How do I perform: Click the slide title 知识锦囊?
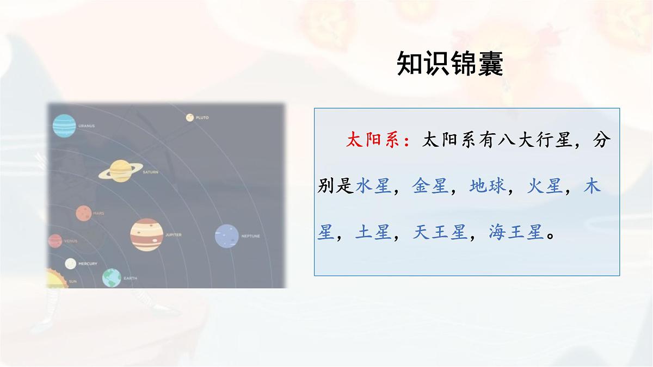click(x=450, y=65)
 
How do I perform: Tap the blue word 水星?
click(x=374, y=186)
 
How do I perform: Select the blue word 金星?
click(x=430, y=186)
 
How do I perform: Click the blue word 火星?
click(x=545, y=186)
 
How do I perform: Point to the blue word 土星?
click(x=374, y=233)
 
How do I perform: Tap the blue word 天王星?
click(x=440, y=233)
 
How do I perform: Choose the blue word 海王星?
click(x=516, y=233)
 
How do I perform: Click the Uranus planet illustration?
click(x=64, y=126)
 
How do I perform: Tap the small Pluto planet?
click(x=190, y=117)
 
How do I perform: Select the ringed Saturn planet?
click(x=121, y=170)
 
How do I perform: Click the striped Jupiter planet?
click(x=147, y=235)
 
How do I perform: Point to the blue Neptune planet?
click(x=227, y=236)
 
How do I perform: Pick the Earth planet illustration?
click(x=112, y=278)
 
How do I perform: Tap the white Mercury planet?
click(x=71, y=264)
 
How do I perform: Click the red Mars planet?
click(x=83, y=213)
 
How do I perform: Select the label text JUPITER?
click(x=173, y=235)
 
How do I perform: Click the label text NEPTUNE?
click(x=250, y=237)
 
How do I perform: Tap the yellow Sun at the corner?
click(x=54, y=279)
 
